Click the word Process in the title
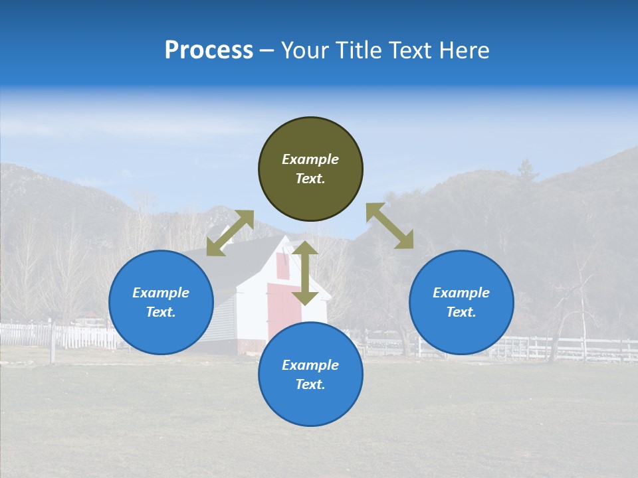[x=209, y=50]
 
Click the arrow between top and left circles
[x=230, y=233]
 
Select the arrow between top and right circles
[x=389, y=226]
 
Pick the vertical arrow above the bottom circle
[x=305, y=273]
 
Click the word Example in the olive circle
[x=310, y=159]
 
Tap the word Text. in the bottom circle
[x=310, y=384]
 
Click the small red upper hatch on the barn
[x=282, y=266]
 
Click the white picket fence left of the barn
[x=80, y=336]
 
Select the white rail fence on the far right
[x=585, y=348]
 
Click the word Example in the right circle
[x=461, y=293]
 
